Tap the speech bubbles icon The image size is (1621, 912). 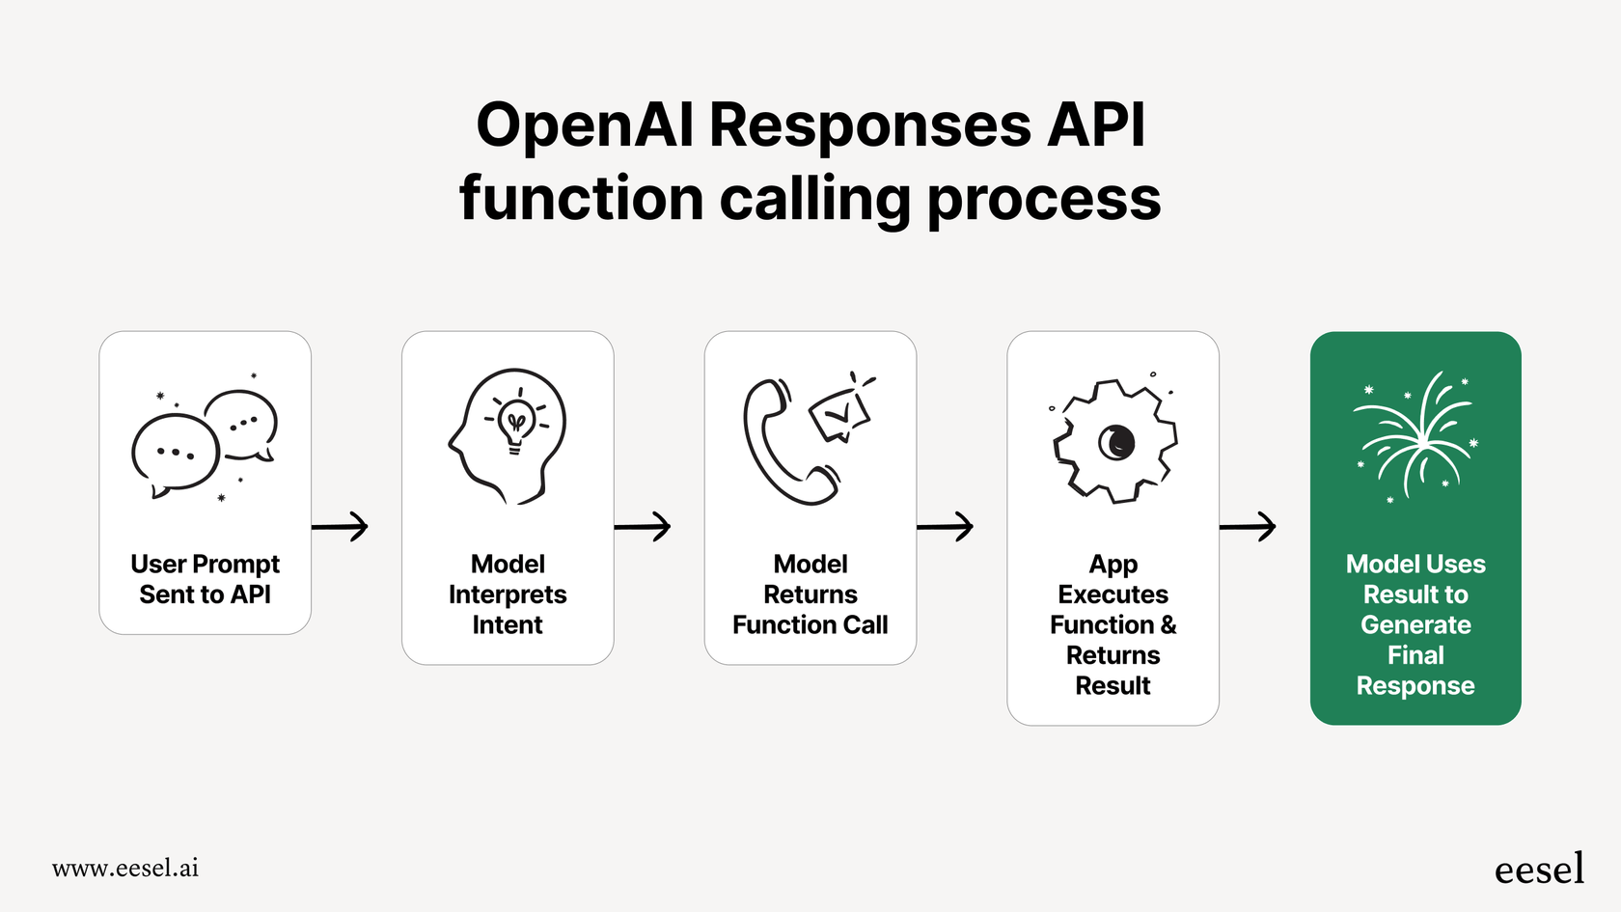click(205, 439)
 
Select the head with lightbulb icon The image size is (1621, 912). click(508, 435)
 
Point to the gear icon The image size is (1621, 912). click(1115, 441)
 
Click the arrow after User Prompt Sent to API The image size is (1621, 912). click(341, 526)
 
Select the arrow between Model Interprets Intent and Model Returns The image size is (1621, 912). click(643, 526)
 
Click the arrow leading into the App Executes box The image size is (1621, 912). click(946, 526)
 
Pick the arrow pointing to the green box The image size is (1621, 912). click(1249, 526)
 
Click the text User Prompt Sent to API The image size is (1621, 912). click(205, 579)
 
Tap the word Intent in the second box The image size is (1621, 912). click(508, 625)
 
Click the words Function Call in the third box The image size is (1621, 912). click(810, 625)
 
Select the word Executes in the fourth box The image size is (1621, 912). click(1113, 594)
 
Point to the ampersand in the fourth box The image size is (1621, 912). click(1168, 625)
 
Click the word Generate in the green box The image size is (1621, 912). click(1415, 625)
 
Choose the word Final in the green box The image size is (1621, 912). click(1415, 655)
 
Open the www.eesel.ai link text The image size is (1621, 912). click(125, 868)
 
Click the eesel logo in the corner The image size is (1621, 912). click(1539, 869)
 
